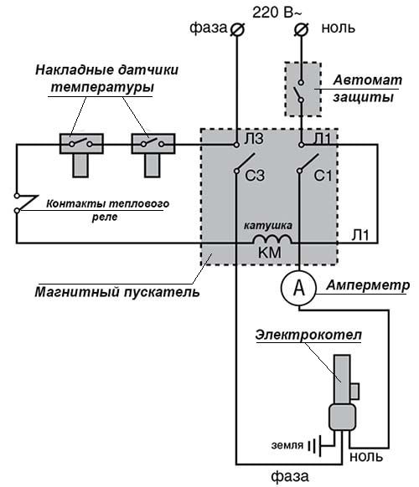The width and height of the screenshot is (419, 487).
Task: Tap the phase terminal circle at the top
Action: (x=236, y=29)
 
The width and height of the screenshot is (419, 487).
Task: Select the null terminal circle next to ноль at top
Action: (x=303, y=29)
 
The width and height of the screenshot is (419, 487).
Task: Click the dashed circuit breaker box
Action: (x=302, y=88)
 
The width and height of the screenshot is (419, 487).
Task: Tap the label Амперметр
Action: (x=369, y=285)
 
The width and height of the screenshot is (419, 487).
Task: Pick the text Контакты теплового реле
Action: (x=107, y=209)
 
